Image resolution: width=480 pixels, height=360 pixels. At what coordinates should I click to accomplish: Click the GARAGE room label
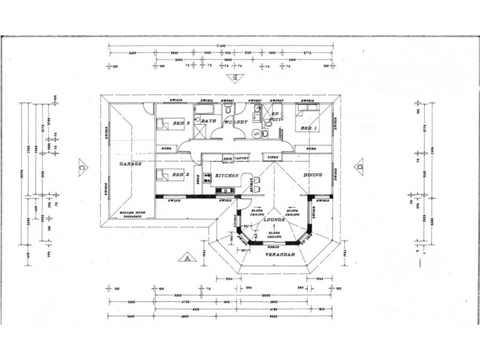click(130, 163)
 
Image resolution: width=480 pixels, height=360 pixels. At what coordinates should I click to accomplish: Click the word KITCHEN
click(227, 175)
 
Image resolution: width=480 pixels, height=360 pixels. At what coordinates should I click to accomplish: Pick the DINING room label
click(314, 175)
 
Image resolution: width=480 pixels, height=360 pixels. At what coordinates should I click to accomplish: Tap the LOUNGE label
click(273, 221)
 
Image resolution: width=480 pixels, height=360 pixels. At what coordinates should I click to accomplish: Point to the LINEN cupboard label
click(274, 157)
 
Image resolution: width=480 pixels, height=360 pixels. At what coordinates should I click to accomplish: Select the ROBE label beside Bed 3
click(167, 148)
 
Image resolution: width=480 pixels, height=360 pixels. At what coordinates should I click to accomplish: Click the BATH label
click(208, 121)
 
